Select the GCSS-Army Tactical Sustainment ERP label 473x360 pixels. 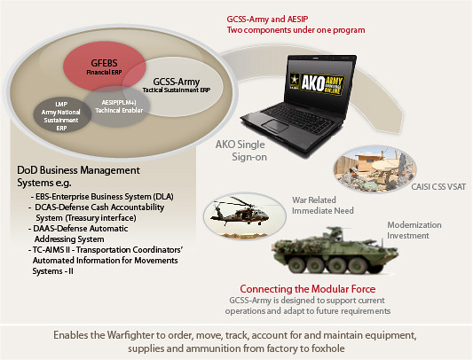[x=177, y=85]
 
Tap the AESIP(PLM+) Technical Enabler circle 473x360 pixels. [x=119, y=106]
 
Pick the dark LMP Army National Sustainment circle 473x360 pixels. [x=61, y=116]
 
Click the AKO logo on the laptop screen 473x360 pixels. [x=317, y=83]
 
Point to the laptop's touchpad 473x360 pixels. [x=275, y=126]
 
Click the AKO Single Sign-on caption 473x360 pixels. [x=240, y=151]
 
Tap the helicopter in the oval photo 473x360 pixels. [x=240, y=212]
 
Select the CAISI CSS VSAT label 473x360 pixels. [x=438, y=186]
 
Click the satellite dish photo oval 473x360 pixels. [x=375, y=168]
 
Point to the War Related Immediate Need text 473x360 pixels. [x=322, y=206]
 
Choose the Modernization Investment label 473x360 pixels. [x=414, y=230]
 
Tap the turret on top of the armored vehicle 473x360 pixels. [x=334, y=233]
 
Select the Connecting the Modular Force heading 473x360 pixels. [x=308, y=289]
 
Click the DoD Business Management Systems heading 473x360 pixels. [x=78, y=176]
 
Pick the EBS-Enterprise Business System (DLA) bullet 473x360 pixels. [x=102, y=197]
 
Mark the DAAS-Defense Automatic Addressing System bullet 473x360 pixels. [x=78, y=234]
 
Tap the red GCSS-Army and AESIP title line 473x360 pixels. [x=267, y=20]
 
